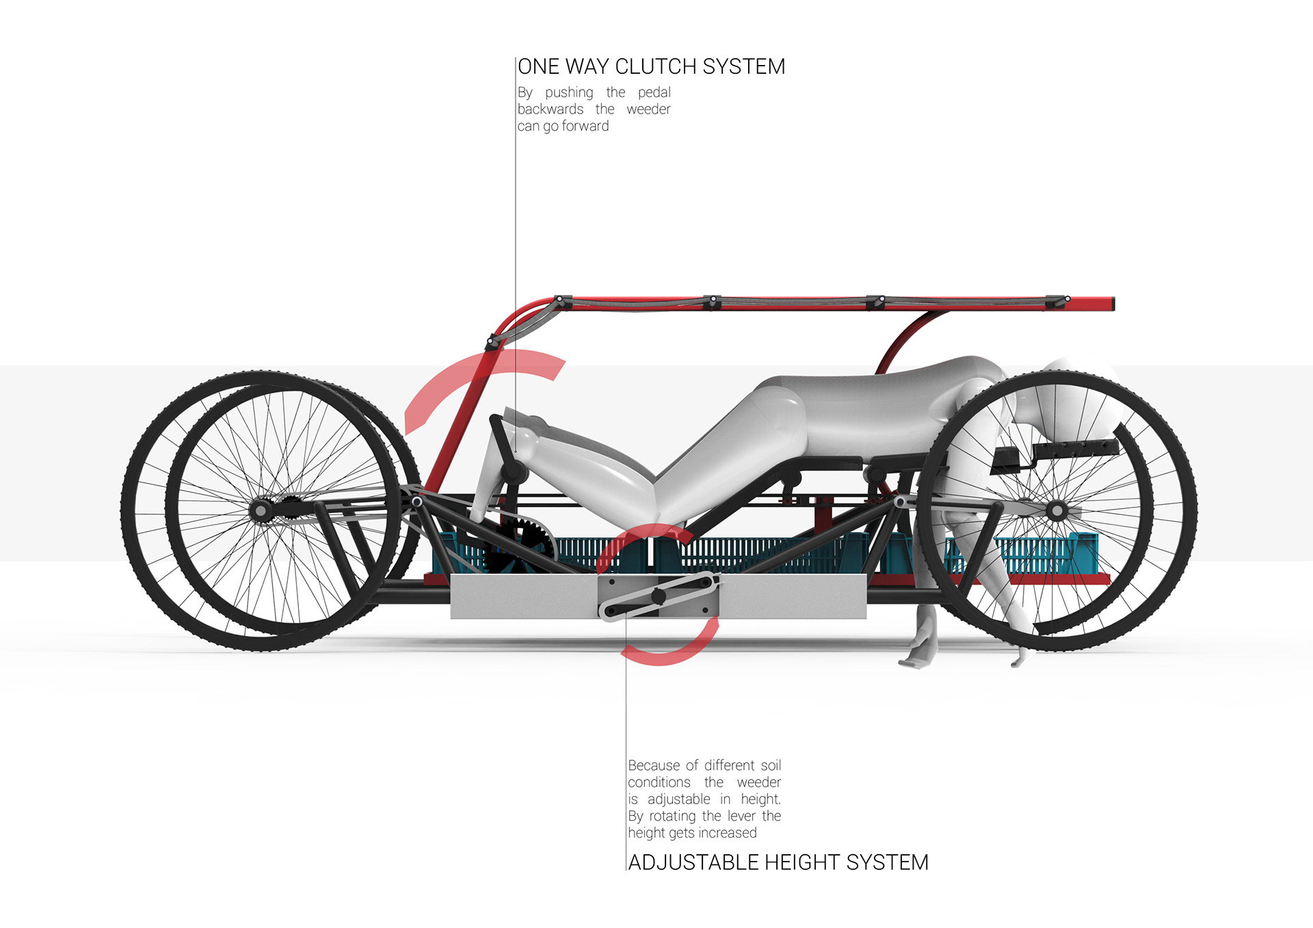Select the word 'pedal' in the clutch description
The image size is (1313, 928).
(x=654, y=92)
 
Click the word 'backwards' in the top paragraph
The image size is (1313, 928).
(x=551, y=109)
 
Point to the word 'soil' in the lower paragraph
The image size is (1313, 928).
(x=770, y=765)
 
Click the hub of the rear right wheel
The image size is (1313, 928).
(x=1057, y=510)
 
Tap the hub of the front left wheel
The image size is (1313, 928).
(x=261, y=510)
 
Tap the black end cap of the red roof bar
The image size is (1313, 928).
(x=1112, y=303)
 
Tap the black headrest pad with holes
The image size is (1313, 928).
(x=1074, y=450)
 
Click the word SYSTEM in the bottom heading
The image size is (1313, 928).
(x=887, y=862)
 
